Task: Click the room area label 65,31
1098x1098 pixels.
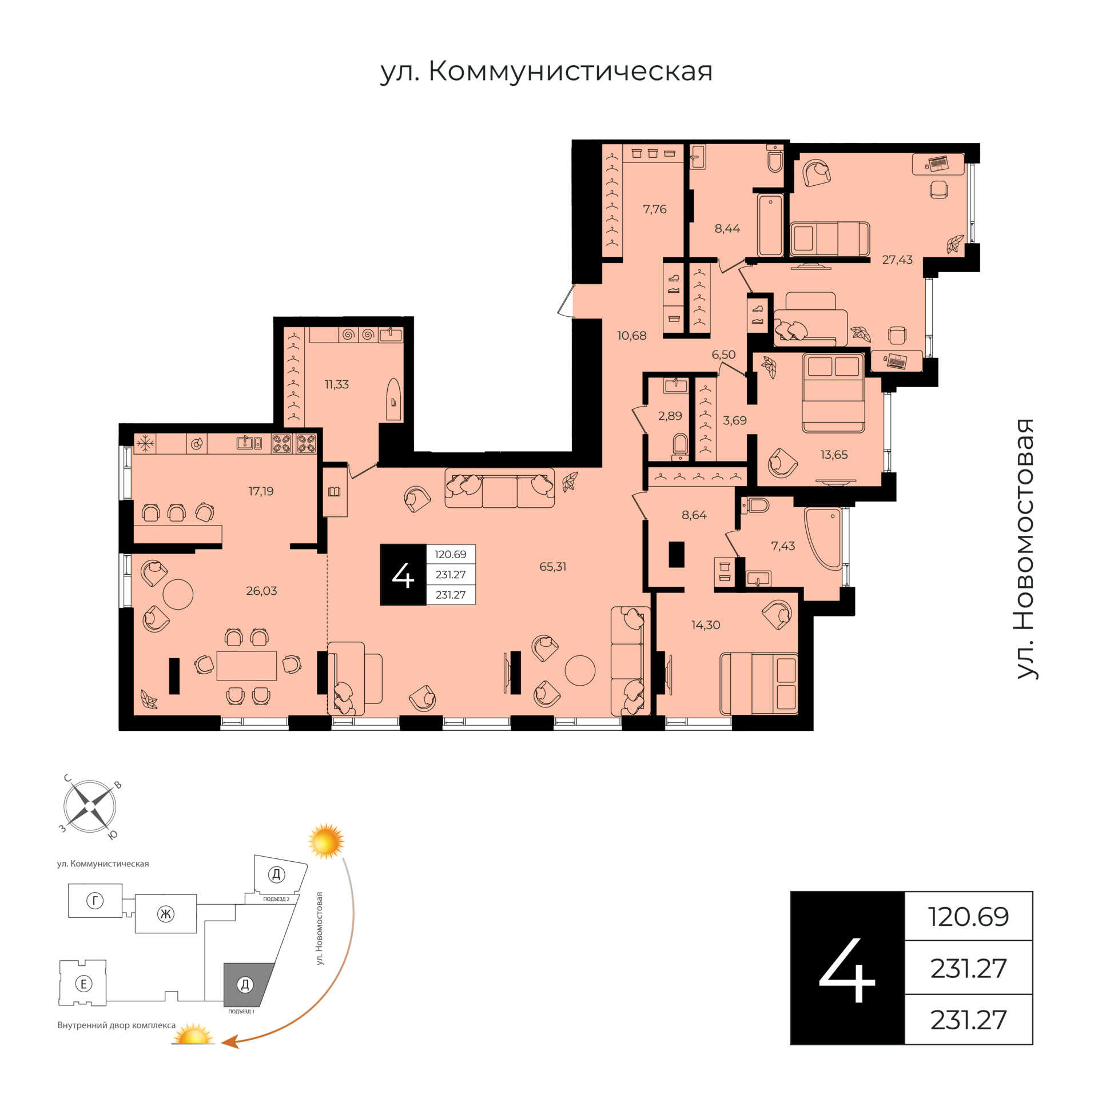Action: click(x=552, y=567)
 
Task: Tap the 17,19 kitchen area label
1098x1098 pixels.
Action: click(x=261, y=491)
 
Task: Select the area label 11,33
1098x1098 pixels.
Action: click(x=336, y=384)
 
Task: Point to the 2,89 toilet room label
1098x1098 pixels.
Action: click(x=670, y=416)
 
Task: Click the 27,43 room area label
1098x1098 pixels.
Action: click(x=897, y=260)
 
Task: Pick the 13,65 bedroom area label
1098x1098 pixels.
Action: click(x=834, y=455)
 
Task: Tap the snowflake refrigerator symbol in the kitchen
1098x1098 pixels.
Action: click(x=145, y=443)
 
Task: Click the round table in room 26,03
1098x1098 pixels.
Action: click(x=178, y=595)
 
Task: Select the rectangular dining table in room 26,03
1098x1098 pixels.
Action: click(x=246, y=666)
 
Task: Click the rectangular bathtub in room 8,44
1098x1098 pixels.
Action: click(x=770, y=225)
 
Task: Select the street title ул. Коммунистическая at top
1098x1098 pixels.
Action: click(x=547, y=71)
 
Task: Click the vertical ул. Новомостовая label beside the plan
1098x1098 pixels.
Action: click(x=1026, y=549)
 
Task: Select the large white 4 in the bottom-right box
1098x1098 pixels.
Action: click(x=847, y=969)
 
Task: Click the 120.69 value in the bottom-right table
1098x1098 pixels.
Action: click(x=969, y=917)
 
